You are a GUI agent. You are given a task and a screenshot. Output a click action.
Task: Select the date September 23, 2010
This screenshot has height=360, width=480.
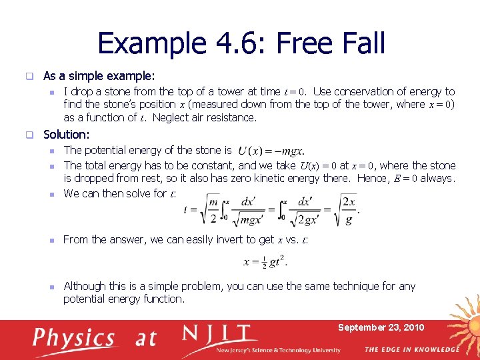tap(381, 327)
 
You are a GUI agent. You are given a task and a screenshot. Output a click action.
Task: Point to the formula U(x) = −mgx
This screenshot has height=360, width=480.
tap(271, 151)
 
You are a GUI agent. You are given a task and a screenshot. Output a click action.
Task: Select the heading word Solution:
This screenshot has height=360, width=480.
tap(66, 135)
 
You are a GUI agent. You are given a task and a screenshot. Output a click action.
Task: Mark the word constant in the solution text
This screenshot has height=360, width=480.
tap(212, 165)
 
